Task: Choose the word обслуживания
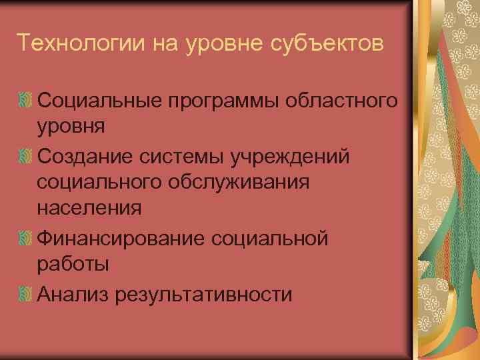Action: (241, 183)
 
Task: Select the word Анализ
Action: (73, 293)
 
